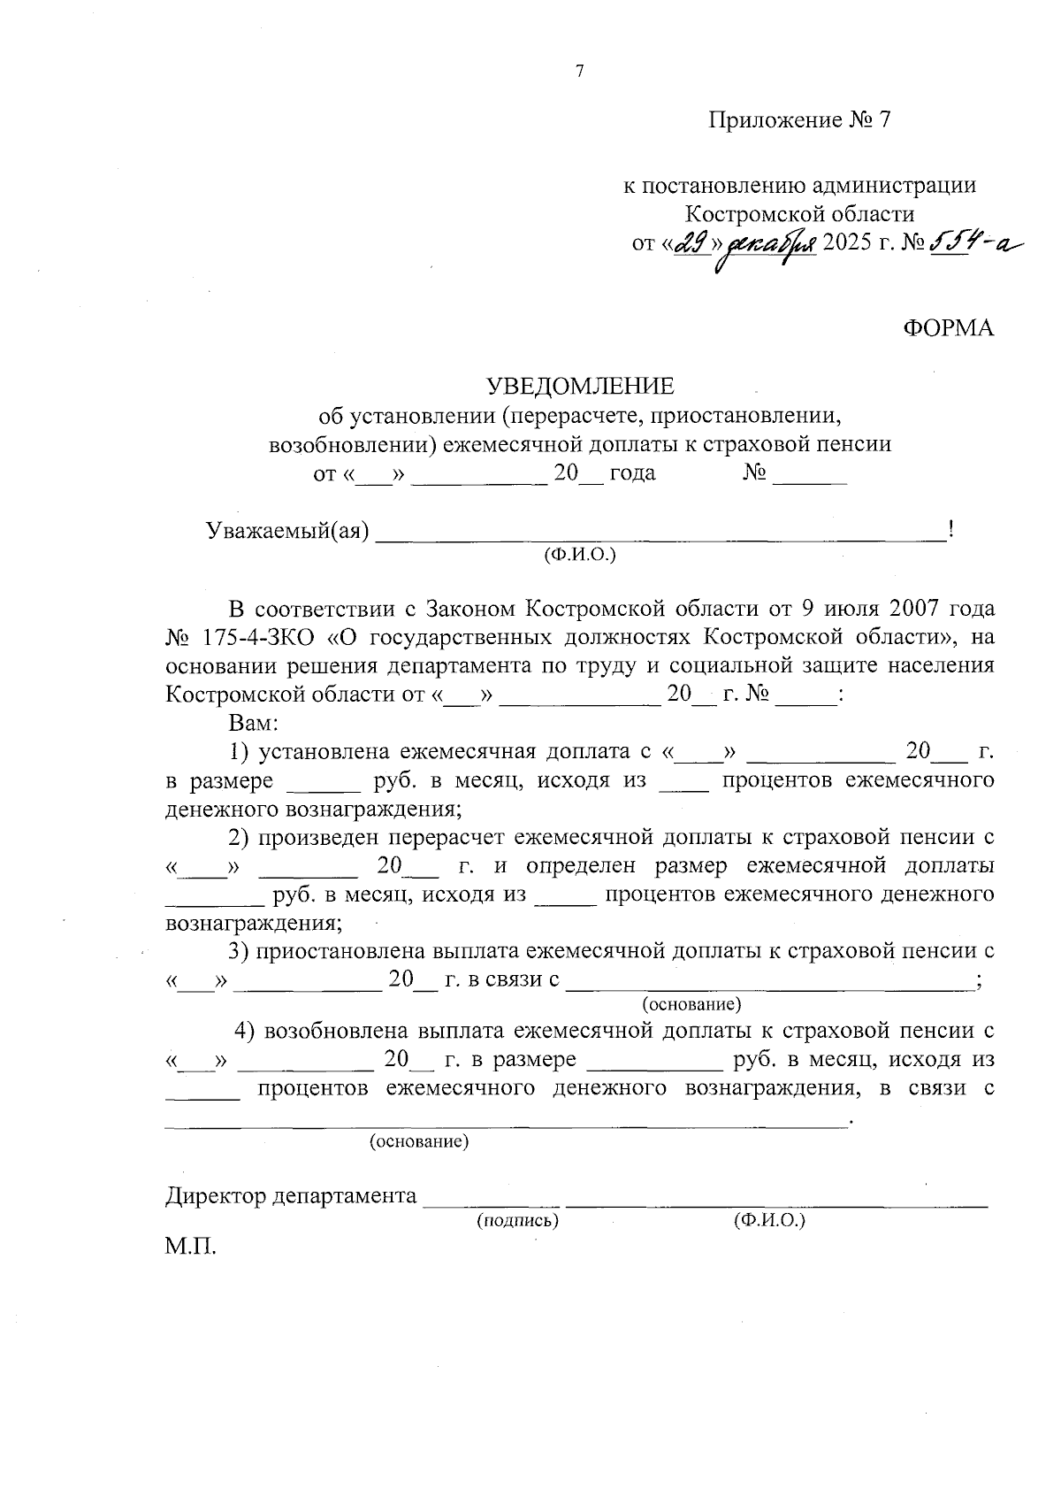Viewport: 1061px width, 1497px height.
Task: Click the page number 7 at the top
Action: tap(580, 73)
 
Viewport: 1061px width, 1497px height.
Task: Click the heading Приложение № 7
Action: tap(799, 119)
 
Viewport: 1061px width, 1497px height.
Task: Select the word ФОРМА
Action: tap(948, 328)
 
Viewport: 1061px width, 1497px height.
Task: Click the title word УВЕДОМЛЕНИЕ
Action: tap(580, 386)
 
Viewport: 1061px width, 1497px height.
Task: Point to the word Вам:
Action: tap(254, 722)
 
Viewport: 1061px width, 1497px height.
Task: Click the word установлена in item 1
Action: tap(324, 752)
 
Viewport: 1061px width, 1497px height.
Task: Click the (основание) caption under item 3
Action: tap(691, 1004)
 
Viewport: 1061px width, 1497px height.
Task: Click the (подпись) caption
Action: tap(517, 1221)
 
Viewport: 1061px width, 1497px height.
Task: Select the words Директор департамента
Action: tap(291, 1197)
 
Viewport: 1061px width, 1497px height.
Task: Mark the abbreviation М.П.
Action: tap(190, 1247)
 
